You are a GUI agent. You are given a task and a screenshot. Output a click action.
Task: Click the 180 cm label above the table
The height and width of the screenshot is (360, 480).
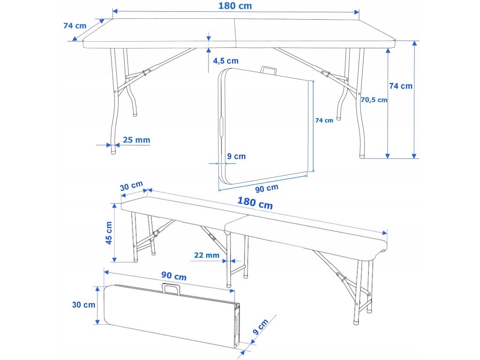235,6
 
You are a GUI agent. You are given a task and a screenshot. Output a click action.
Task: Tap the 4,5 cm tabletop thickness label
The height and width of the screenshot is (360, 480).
225,61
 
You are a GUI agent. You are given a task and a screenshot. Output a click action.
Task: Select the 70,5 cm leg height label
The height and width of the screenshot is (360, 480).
374,100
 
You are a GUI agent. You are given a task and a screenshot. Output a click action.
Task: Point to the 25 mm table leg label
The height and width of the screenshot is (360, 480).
136,140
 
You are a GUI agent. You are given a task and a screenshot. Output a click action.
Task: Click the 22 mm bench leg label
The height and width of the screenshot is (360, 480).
207,255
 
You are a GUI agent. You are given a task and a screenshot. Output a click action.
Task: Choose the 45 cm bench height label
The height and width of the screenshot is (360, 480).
109,233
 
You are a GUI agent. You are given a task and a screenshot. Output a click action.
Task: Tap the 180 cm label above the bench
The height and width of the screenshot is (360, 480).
255,203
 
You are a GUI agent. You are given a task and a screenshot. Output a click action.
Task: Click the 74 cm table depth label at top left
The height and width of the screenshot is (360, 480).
75,26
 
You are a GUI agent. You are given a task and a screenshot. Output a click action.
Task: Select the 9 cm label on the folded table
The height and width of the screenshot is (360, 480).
236,157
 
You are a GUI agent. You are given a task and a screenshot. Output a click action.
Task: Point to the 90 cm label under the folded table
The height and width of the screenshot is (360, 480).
267,188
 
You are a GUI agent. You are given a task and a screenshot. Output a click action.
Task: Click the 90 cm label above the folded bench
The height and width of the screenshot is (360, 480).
174,276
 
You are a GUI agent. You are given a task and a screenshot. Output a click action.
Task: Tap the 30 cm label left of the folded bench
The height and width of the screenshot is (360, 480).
83,305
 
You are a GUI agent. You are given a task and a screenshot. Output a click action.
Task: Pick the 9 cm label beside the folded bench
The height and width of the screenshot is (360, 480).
261,326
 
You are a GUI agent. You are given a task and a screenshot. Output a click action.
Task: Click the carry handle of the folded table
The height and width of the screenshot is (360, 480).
269,70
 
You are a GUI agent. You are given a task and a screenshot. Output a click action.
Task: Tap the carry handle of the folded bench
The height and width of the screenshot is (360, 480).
171,289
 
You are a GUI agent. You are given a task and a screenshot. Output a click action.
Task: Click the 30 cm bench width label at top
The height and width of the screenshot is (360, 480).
131,186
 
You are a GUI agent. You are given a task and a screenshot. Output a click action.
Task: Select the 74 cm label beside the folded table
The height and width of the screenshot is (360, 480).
324,120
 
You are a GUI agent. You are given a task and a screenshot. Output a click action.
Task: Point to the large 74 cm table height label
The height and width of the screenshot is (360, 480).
401,86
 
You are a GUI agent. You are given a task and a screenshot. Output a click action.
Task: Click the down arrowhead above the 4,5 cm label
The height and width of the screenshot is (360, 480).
209,38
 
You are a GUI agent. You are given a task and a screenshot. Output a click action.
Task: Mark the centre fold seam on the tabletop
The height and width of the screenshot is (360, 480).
235,33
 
